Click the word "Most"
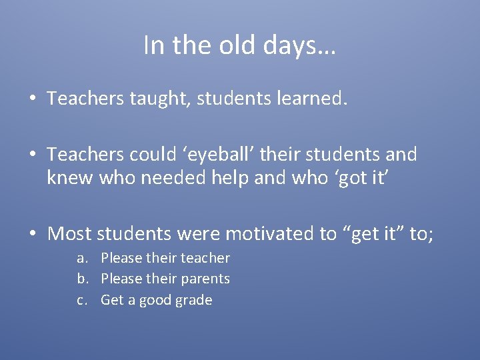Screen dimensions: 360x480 [x=70, y=234]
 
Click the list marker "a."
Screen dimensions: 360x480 [x=83, y=258]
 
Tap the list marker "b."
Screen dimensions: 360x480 [x=83, y=279]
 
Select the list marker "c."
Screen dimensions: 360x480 [x=83, y=300]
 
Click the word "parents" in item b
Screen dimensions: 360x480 [x=205, y=279]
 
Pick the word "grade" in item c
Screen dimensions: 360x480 [x=194, y=300]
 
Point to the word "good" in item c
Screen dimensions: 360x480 [x=154, y=300]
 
